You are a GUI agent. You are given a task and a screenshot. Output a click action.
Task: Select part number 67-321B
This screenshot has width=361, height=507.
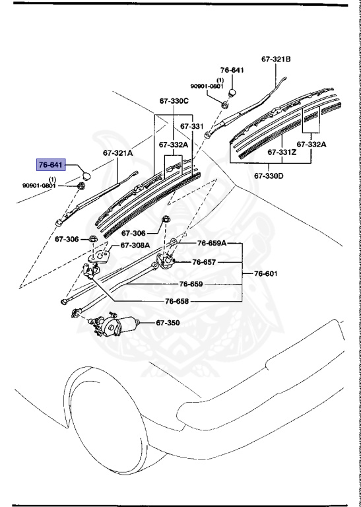275,59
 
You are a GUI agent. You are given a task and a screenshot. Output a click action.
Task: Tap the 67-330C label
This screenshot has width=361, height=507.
174,101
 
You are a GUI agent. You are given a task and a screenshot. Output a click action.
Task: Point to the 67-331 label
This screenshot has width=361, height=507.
192,125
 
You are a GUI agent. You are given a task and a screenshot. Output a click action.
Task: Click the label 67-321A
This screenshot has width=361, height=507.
117,152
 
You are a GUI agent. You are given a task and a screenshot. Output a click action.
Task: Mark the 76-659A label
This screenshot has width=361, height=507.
212,243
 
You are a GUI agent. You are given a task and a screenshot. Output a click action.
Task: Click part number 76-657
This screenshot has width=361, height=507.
204,262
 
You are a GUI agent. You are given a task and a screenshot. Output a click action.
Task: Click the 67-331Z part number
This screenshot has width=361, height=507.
282,152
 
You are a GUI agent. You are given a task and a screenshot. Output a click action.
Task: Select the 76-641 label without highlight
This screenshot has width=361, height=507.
232,70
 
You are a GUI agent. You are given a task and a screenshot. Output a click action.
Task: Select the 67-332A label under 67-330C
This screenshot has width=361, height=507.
173,145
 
